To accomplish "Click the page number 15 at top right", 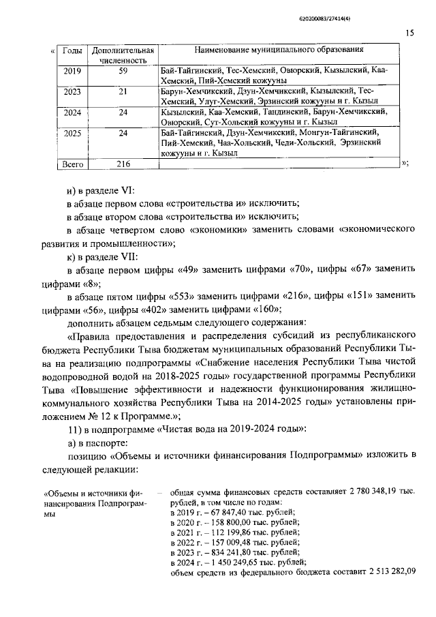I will (x=410, y=33).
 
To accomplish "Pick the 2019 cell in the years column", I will (x=72, y=70).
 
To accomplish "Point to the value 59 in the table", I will (x=123, y=70).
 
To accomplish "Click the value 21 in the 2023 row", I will (x=123, y=91).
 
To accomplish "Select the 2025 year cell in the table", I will (x=72, y=133).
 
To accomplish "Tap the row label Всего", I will (x=72, y=164).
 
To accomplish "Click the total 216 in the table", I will (x=123, y=164).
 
